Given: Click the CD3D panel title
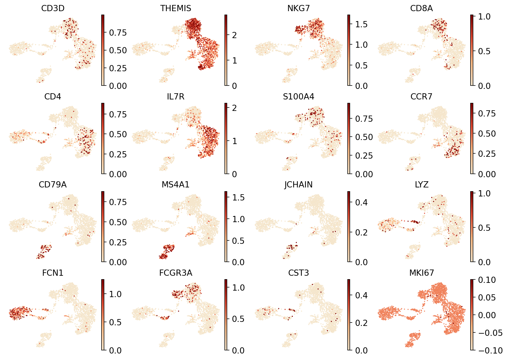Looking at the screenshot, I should pos(53,8).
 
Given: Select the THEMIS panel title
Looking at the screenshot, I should pos(176,8).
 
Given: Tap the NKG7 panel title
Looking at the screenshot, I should pos(298,8).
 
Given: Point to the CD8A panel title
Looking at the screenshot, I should pos(421,8).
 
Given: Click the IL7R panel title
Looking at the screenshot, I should pos(176,97).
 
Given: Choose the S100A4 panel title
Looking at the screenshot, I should pos(298,97).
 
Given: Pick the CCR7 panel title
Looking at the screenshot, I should pos(421,97).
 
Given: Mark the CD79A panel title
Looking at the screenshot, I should pos(53,185).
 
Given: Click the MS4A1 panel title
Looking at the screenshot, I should pos(176,185).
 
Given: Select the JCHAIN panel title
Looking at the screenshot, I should pos(298,185).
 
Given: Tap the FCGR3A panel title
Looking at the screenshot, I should pos(176,273).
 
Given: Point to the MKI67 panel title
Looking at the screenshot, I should pos(421,273).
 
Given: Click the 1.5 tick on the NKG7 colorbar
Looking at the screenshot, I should pos(361,24).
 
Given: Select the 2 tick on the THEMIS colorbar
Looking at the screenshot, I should pos(234,35).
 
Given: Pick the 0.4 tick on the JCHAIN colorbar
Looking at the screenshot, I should pos(361,203).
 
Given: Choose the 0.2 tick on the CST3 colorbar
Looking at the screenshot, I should pos(361,323).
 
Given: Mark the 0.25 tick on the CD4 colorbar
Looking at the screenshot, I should pos(118,154).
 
